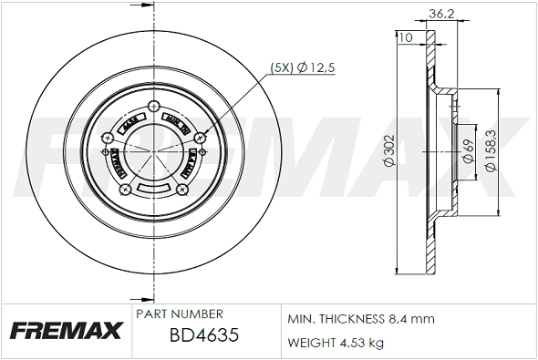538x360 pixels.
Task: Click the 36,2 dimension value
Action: click(x=442, y=14)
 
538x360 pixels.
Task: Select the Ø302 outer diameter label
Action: click(x=388, y=154)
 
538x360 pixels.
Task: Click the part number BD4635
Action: click(x=204, y=334)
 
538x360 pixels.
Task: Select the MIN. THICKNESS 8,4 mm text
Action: click(x=360, y=319)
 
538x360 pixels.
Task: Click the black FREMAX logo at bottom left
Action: click(x=65, y=330)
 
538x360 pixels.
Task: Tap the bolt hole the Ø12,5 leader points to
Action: click(x=199, y=136)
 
